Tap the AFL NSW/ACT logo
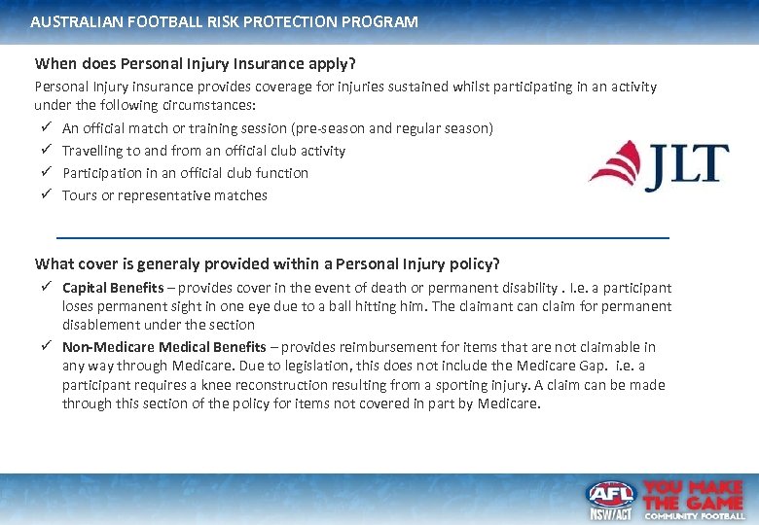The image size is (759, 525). tap(609, 500)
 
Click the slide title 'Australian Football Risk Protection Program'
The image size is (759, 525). tap(224, 20)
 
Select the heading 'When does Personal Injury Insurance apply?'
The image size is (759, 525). tap(196, 64)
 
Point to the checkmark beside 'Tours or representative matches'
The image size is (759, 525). tap(47, 195)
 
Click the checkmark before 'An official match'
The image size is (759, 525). tap(47, 128)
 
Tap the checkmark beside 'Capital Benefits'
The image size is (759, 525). tap(47, 288)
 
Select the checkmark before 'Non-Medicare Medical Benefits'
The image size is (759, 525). tap(47, 347)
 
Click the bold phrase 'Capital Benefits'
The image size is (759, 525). tap(113, 288)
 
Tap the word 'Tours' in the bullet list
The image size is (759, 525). tap(80, 195)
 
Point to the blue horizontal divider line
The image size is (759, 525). tap(363, 237)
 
